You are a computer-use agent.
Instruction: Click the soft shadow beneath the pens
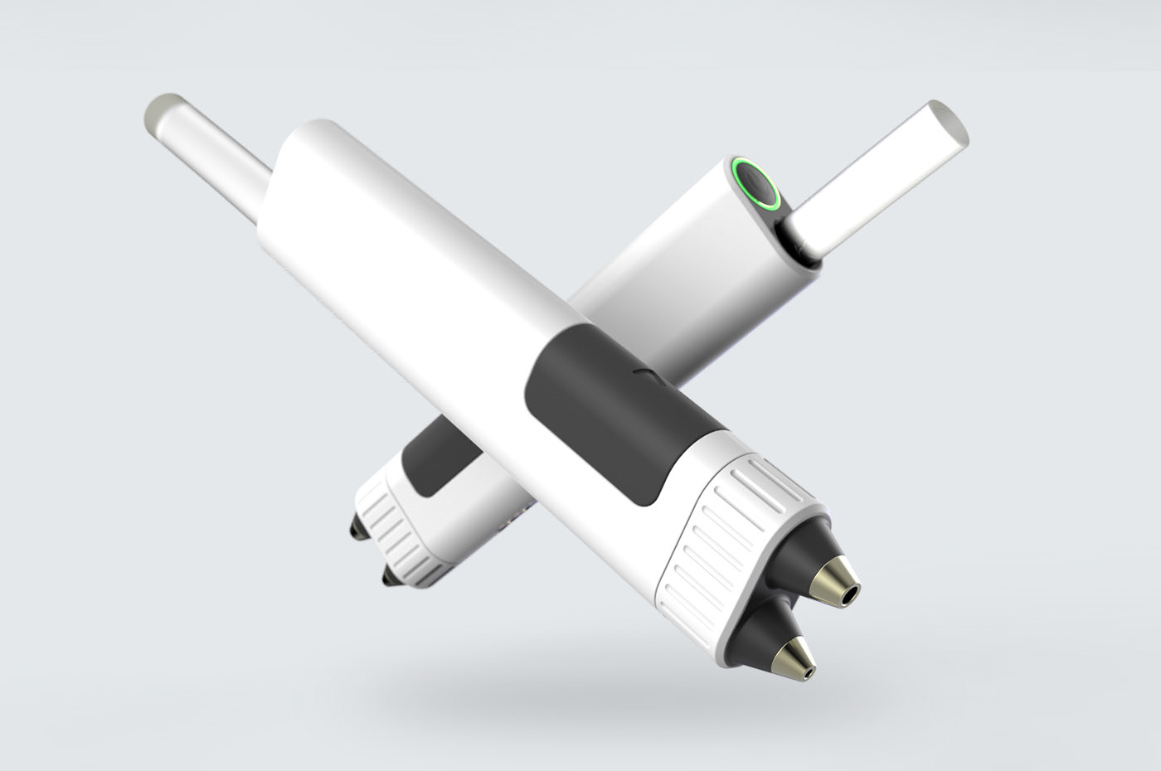point(580,688)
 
